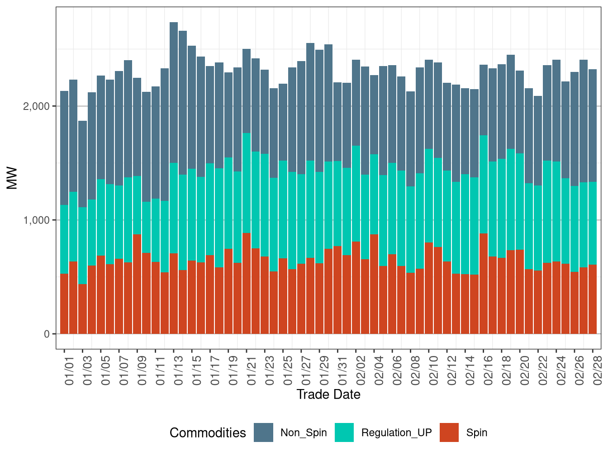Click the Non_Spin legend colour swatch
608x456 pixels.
pos(263,432)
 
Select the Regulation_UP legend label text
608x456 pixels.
pos(396,432)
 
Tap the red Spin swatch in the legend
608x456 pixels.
pos(449,432)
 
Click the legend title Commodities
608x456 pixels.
pos(208,432)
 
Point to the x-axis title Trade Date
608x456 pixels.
pos(328,394)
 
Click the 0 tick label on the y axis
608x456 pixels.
pos(47,334)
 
